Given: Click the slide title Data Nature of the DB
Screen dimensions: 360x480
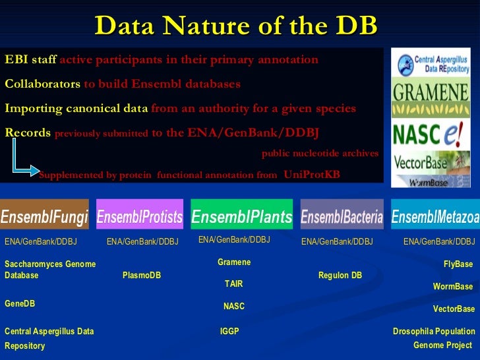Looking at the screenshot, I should pos(236,26).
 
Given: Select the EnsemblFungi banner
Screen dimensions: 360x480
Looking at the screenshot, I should pos(44,216).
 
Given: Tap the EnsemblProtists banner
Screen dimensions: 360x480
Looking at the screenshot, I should pos(140,216).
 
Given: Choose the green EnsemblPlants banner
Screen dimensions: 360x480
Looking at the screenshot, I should pos(241,216).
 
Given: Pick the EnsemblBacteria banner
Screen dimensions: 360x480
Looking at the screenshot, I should pos(342,216).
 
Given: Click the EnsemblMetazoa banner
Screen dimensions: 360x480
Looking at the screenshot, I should pos(435,216).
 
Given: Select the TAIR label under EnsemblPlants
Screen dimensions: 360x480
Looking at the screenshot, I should pos(234,284).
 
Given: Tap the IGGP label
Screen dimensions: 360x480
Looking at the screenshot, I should pos(229,332).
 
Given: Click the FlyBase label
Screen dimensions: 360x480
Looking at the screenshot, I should pos(458,264).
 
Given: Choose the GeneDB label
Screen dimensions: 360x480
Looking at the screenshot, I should pos(20,304).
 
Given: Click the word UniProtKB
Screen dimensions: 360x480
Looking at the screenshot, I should pos(312,175).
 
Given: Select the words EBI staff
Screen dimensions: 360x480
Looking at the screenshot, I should pos(30,60).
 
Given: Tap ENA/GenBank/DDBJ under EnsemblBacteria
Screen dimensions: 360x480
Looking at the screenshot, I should pos(337,242).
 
